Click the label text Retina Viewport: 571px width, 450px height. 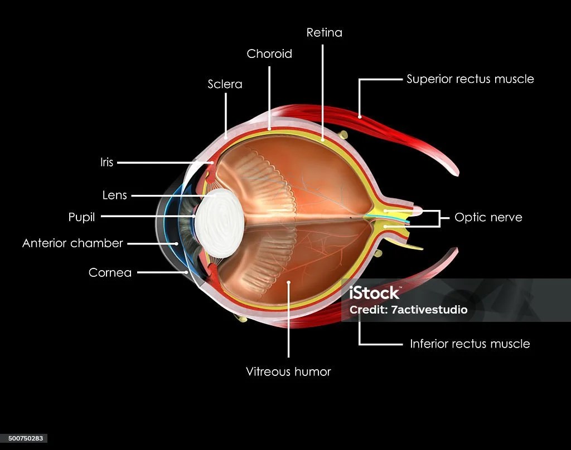(324, 33)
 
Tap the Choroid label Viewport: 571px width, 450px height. (269, 54)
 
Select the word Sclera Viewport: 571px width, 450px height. (225, 84)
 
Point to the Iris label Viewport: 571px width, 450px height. (107, 163)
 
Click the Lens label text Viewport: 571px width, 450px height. (115, 195)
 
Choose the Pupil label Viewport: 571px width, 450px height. (81, 217)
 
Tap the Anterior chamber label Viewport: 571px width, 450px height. (72, 243)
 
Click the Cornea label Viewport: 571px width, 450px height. (110, 273)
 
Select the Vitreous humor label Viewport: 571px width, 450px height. (288, 371)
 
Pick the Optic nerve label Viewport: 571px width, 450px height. (488, 217)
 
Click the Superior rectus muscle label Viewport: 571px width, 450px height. (470, 79)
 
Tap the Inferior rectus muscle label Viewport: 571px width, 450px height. (470, 344)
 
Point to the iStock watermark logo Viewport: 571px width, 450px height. (374, 293)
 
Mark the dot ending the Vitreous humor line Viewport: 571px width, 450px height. (288, 283)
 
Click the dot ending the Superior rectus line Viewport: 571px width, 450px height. (360, 116)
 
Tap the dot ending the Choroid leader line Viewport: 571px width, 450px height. (269, 129)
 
